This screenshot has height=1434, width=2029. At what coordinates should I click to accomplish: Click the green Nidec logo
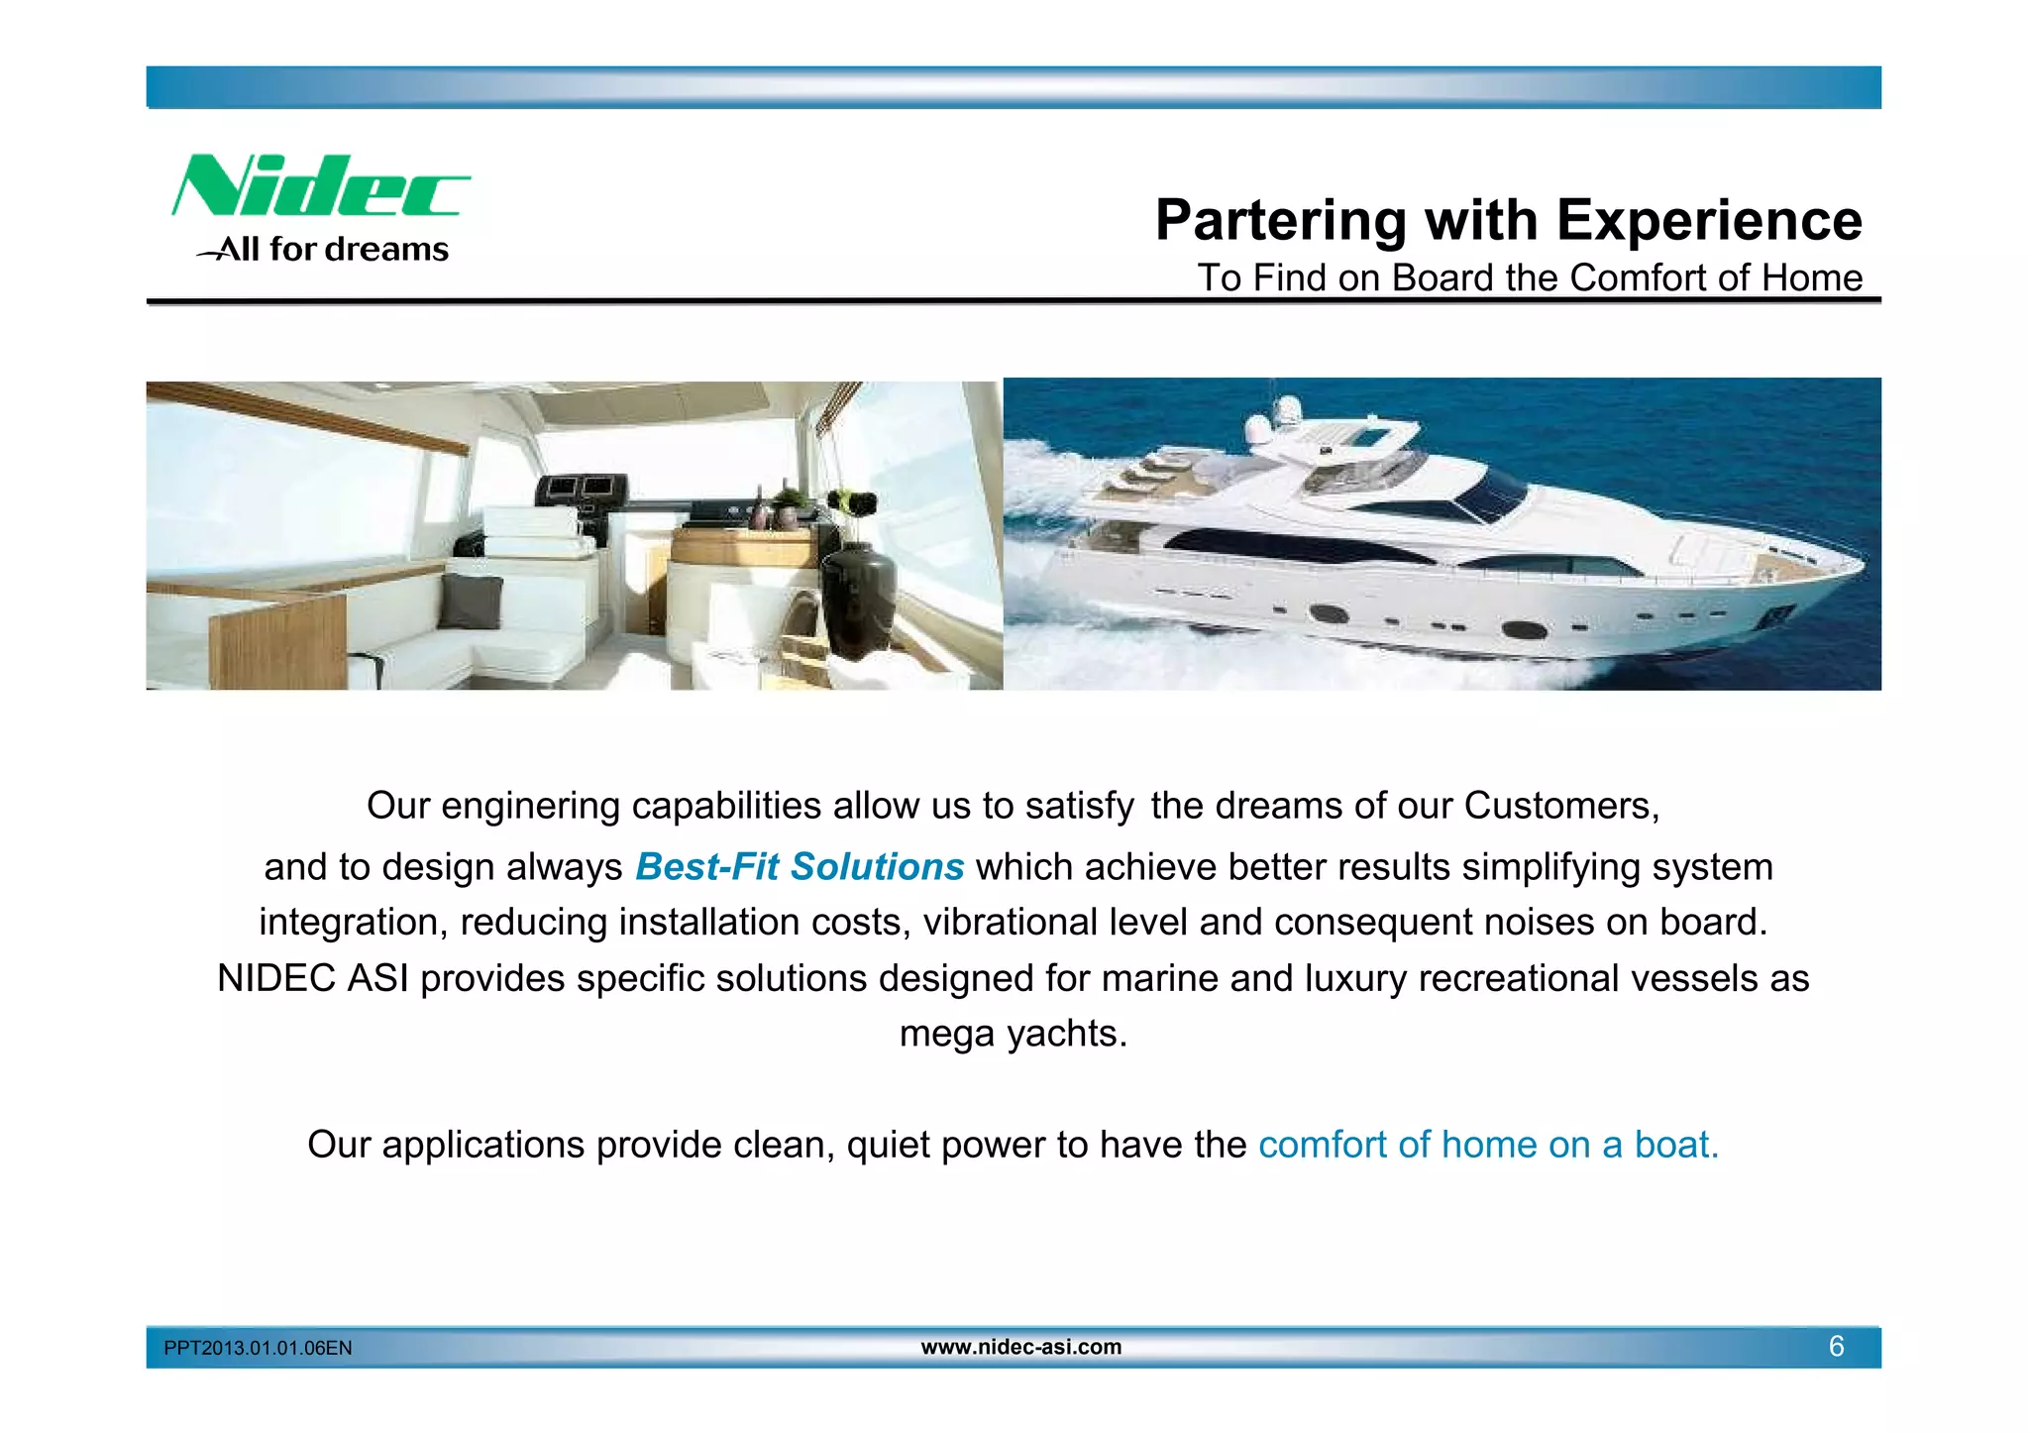[320, 186]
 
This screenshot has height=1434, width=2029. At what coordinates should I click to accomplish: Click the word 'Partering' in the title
[1281, 220]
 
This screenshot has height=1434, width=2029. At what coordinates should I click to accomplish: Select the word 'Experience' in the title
[1709, 220]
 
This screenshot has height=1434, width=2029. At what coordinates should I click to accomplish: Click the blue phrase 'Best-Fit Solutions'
[800, 867]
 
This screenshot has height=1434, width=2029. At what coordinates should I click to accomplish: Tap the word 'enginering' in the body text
[530, 806]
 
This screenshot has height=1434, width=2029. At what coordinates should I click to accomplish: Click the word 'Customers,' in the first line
[1561, 806]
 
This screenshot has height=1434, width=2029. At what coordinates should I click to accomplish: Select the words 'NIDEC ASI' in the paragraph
[313, 979]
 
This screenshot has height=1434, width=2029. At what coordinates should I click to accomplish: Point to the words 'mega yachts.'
[1014, 1034]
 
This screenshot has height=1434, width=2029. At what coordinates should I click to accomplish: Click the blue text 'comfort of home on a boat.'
[1488, 1145]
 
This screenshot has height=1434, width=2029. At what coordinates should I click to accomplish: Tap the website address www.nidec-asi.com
[1021, 1347]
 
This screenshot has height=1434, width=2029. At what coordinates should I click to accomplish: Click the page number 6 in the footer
[1836, 1347]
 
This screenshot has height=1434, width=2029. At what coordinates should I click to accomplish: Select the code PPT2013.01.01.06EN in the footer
[258, 1348]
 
